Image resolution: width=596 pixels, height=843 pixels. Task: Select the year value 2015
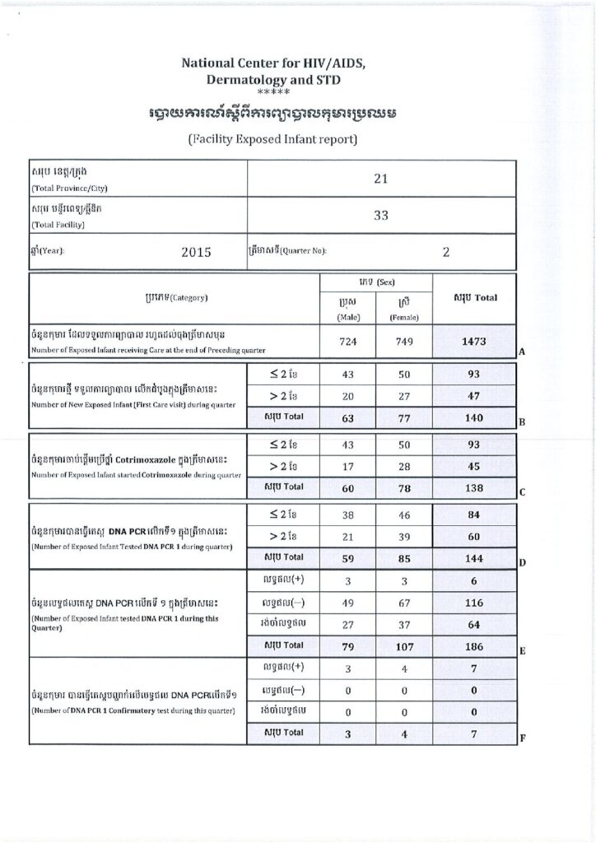click(x=197, y=253)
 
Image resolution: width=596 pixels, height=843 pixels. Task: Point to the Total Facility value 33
click(x=380, y=217)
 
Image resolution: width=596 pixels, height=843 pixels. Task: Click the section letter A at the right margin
click(x=522, y=352)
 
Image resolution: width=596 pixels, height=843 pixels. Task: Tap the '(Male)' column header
click(x=347, y=316)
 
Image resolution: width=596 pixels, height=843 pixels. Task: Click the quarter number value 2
click(x=445, y=253)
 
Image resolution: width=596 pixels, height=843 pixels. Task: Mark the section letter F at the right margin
click(x=522, y=738)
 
